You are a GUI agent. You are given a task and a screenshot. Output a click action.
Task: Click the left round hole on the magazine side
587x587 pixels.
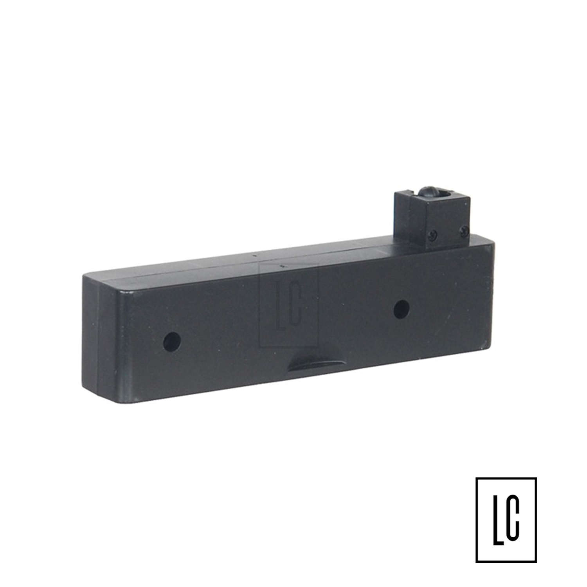point(172,342)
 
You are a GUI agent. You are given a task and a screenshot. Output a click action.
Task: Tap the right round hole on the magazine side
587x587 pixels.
point(402,309)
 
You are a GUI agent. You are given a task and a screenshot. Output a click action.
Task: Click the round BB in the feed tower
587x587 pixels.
point(428,193)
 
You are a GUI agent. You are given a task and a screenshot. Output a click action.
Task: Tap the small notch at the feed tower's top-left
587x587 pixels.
point(409,193)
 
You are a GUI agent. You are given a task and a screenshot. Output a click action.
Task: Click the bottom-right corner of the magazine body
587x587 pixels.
point(490,348)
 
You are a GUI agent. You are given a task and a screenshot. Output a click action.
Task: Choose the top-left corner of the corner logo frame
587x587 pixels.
point(477,478)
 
